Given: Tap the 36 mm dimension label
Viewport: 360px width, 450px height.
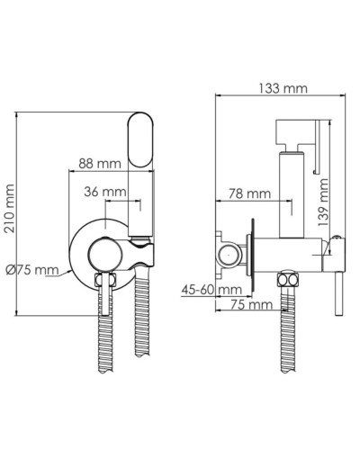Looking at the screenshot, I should click(x=105, y=192).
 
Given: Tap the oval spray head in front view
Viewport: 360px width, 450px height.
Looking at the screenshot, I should click(x=140, y=142).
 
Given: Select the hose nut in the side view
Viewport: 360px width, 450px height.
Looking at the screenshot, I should click(x=288, y=283).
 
